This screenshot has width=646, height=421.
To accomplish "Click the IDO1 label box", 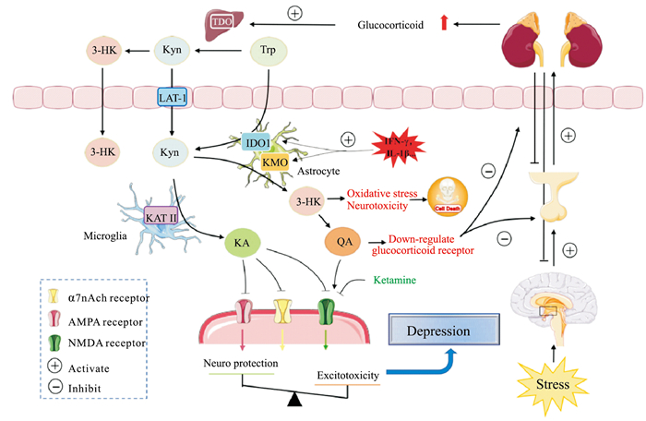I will tap(256, 143).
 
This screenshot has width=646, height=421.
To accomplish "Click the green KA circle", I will tap(239, 245).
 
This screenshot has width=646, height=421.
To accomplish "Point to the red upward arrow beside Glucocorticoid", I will tap(442, 25).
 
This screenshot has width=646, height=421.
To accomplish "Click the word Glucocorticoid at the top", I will tap(389, 26).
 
